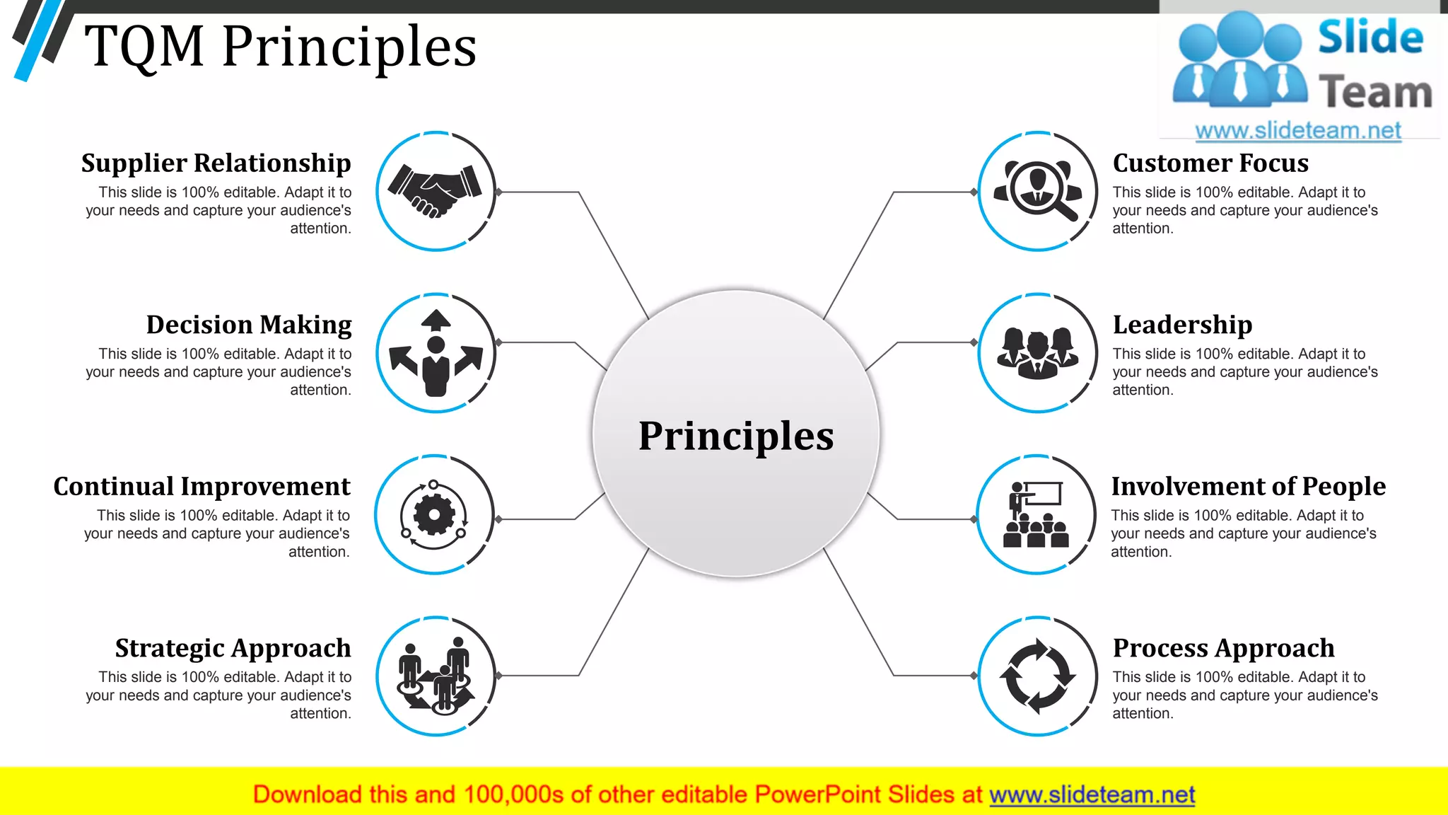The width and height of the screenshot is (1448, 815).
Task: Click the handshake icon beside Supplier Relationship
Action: [435, 190]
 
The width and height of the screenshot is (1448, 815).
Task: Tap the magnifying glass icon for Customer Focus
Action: [1038, 190]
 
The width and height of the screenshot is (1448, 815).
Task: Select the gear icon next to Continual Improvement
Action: [433, 515]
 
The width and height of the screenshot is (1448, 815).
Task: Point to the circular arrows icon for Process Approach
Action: [1037, 676]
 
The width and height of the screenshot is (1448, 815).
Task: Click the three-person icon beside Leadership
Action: [1037, 352]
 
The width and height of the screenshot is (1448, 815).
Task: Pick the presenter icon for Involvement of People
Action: [1036, 514]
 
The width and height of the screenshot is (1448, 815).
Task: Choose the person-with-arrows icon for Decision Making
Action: [436, 353]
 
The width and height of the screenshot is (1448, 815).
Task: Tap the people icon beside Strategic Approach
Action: [436, 676]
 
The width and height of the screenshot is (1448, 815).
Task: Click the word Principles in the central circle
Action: [736, 436]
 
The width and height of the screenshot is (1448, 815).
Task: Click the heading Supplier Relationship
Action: [216, 163]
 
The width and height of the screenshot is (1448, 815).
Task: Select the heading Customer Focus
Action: [1210, 163]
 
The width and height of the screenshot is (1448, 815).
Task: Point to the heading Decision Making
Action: [249, 325]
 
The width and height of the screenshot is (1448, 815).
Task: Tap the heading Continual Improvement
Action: [202, 487]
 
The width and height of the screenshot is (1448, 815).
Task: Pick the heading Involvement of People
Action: [1248, 487]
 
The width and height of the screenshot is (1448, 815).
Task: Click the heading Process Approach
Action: [1223, 648]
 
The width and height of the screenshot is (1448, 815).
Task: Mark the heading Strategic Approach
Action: [233, 648]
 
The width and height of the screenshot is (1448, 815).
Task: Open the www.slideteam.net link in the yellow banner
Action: [1092, 795]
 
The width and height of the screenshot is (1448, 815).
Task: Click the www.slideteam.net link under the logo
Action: [1297, 130]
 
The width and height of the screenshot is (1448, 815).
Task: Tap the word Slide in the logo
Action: [1370, 37]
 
